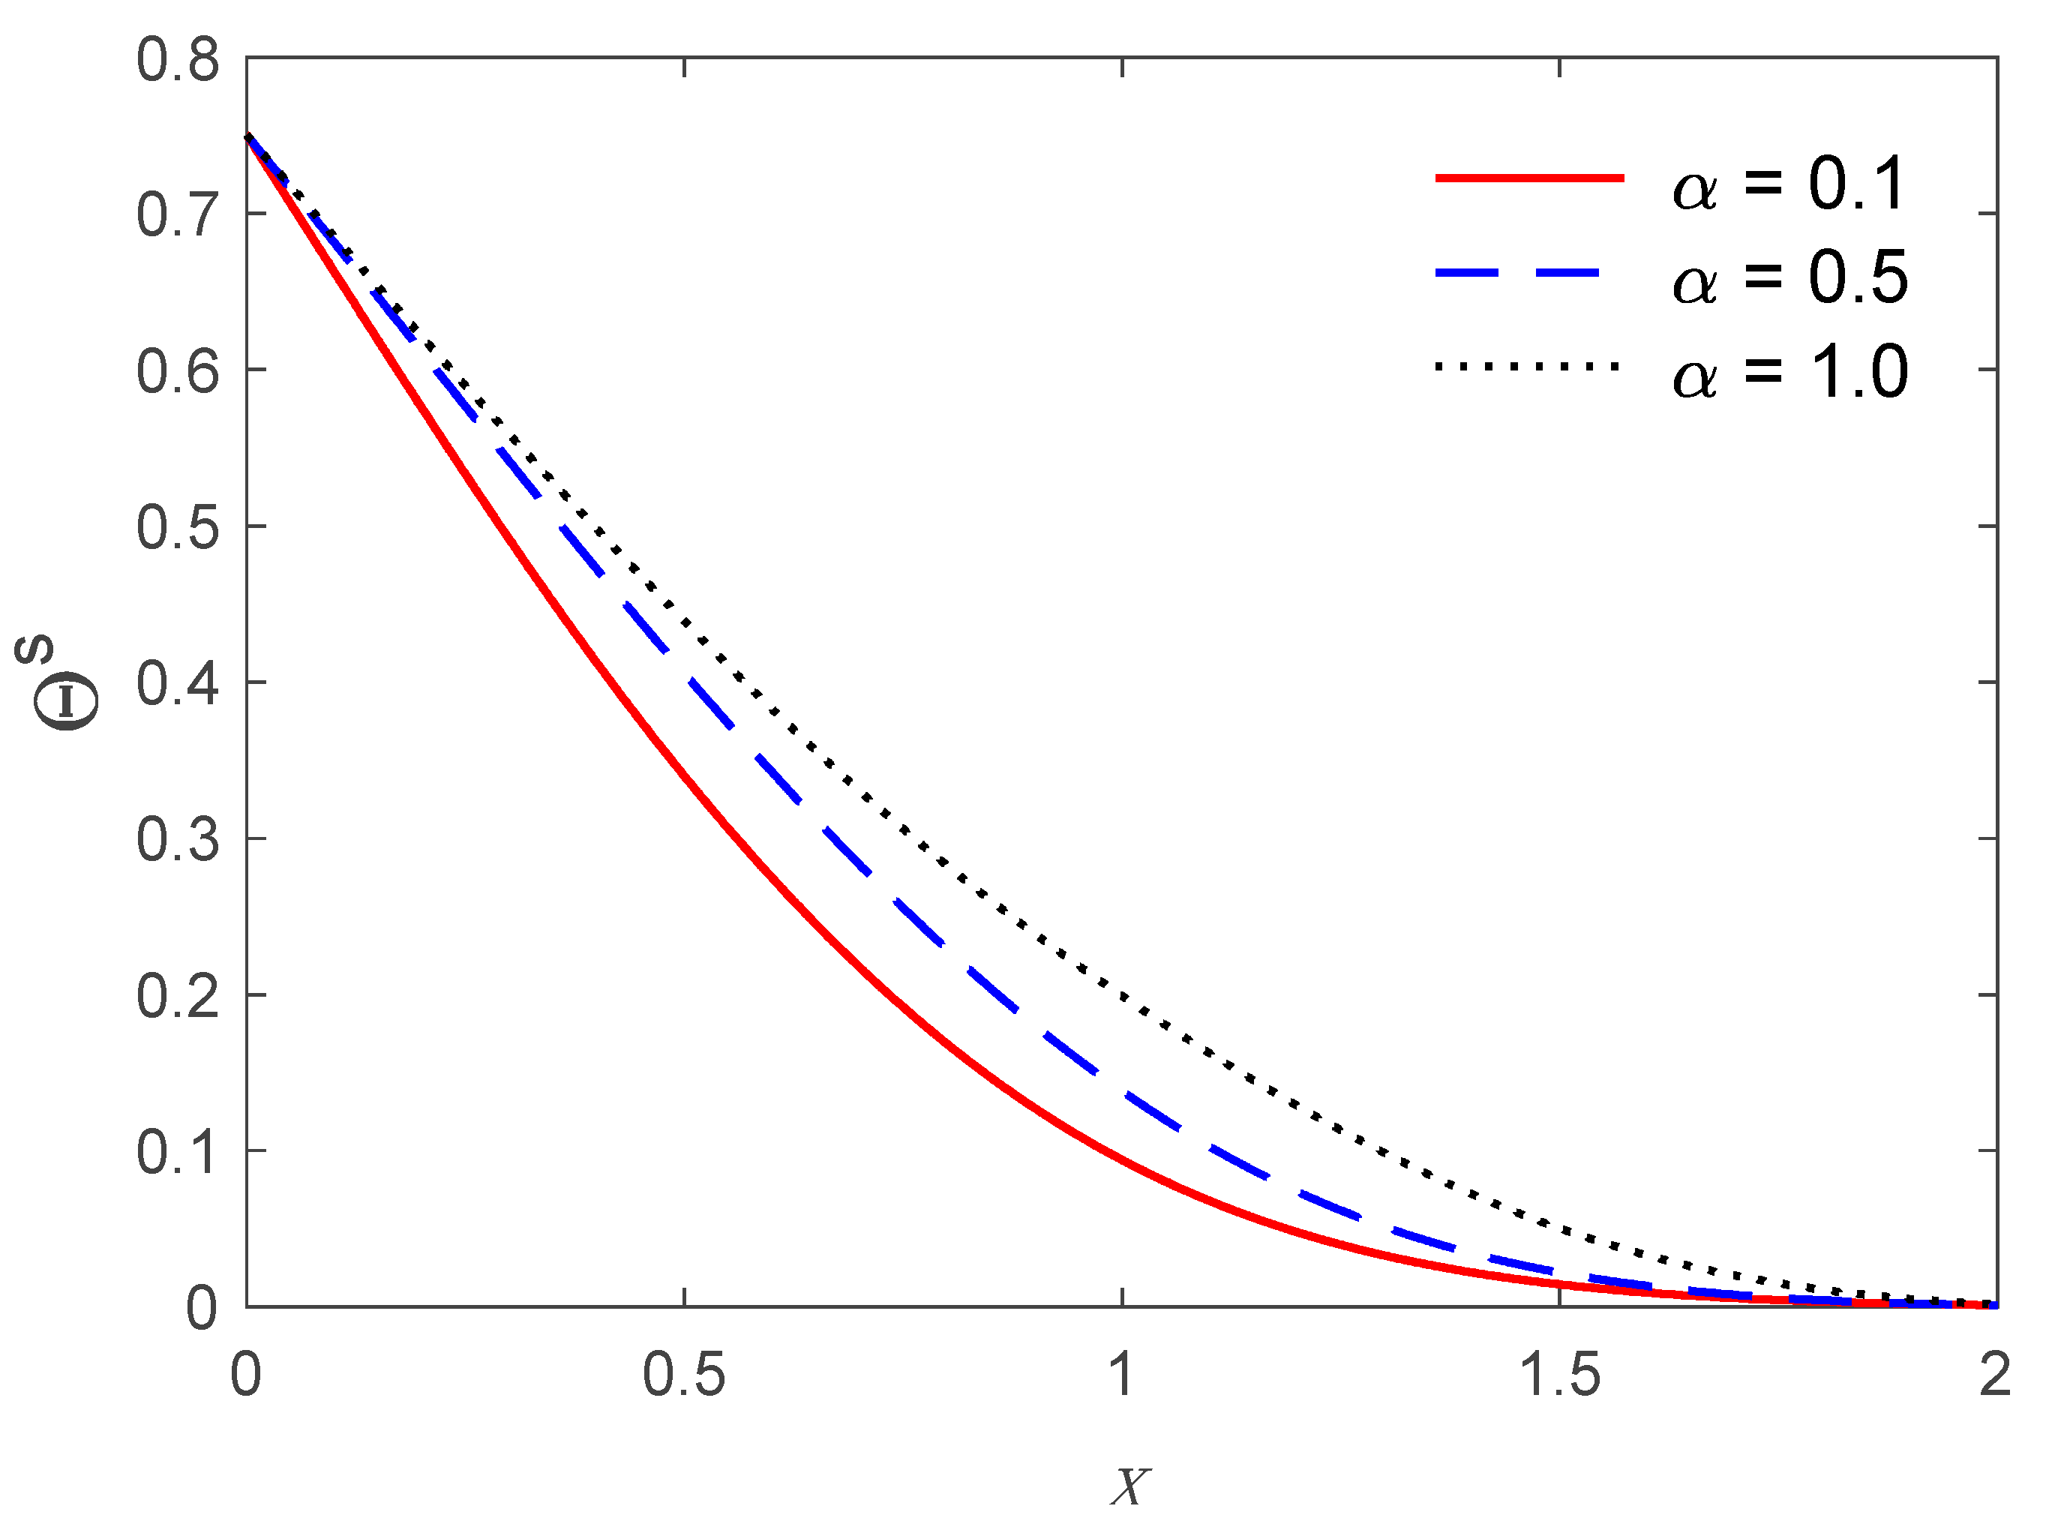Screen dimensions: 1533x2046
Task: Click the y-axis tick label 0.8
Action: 178,61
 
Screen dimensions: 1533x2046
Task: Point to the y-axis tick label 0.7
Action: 178,215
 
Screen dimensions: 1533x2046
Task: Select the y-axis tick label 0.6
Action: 178,372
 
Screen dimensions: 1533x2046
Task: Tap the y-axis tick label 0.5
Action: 178,528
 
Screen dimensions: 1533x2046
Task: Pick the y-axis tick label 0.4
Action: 178,685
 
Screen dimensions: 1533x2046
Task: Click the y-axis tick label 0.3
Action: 178,841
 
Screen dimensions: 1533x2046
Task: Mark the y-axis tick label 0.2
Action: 178,997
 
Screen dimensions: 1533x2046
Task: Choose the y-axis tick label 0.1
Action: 178,1153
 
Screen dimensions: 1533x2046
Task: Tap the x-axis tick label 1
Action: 1121,1375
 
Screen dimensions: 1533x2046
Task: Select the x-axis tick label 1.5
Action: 1559,1375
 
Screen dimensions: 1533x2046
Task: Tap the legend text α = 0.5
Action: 1789,278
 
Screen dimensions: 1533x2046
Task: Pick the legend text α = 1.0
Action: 1789,373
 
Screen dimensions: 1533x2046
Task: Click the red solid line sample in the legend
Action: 1529,178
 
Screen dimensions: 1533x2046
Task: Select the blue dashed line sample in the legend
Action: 1517,273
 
